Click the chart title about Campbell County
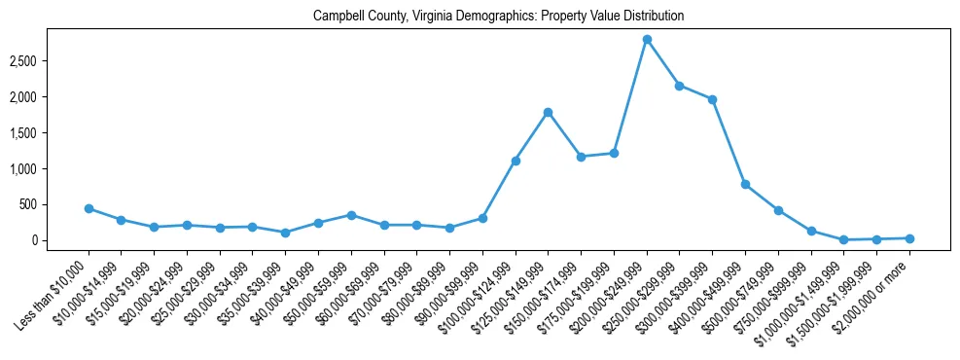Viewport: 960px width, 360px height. click(x=498, y=17)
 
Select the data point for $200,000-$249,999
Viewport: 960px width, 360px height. click(x=647, y=39)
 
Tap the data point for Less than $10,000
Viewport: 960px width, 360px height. click(x=89, y=208)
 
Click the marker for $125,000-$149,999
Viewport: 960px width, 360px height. click(x=549, y=112)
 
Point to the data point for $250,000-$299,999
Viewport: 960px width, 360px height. click(x=680, y=86)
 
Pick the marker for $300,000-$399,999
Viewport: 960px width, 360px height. click(x=713, y=99)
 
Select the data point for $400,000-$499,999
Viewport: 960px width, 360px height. click(x=745, y=184)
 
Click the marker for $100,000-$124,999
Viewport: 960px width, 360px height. click(x=516, y=161)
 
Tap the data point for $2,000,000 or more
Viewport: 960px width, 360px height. click(x=909, y=238)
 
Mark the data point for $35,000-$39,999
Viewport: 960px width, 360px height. click(x=285, y=233)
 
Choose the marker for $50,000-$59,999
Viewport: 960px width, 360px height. click(x=351, y=215)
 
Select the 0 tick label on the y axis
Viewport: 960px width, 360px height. click(x=58, y=240)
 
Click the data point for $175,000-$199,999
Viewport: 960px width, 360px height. click(x=614, y=153)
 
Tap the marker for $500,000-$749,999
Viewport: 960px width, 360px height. click(x=778, y=210)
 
